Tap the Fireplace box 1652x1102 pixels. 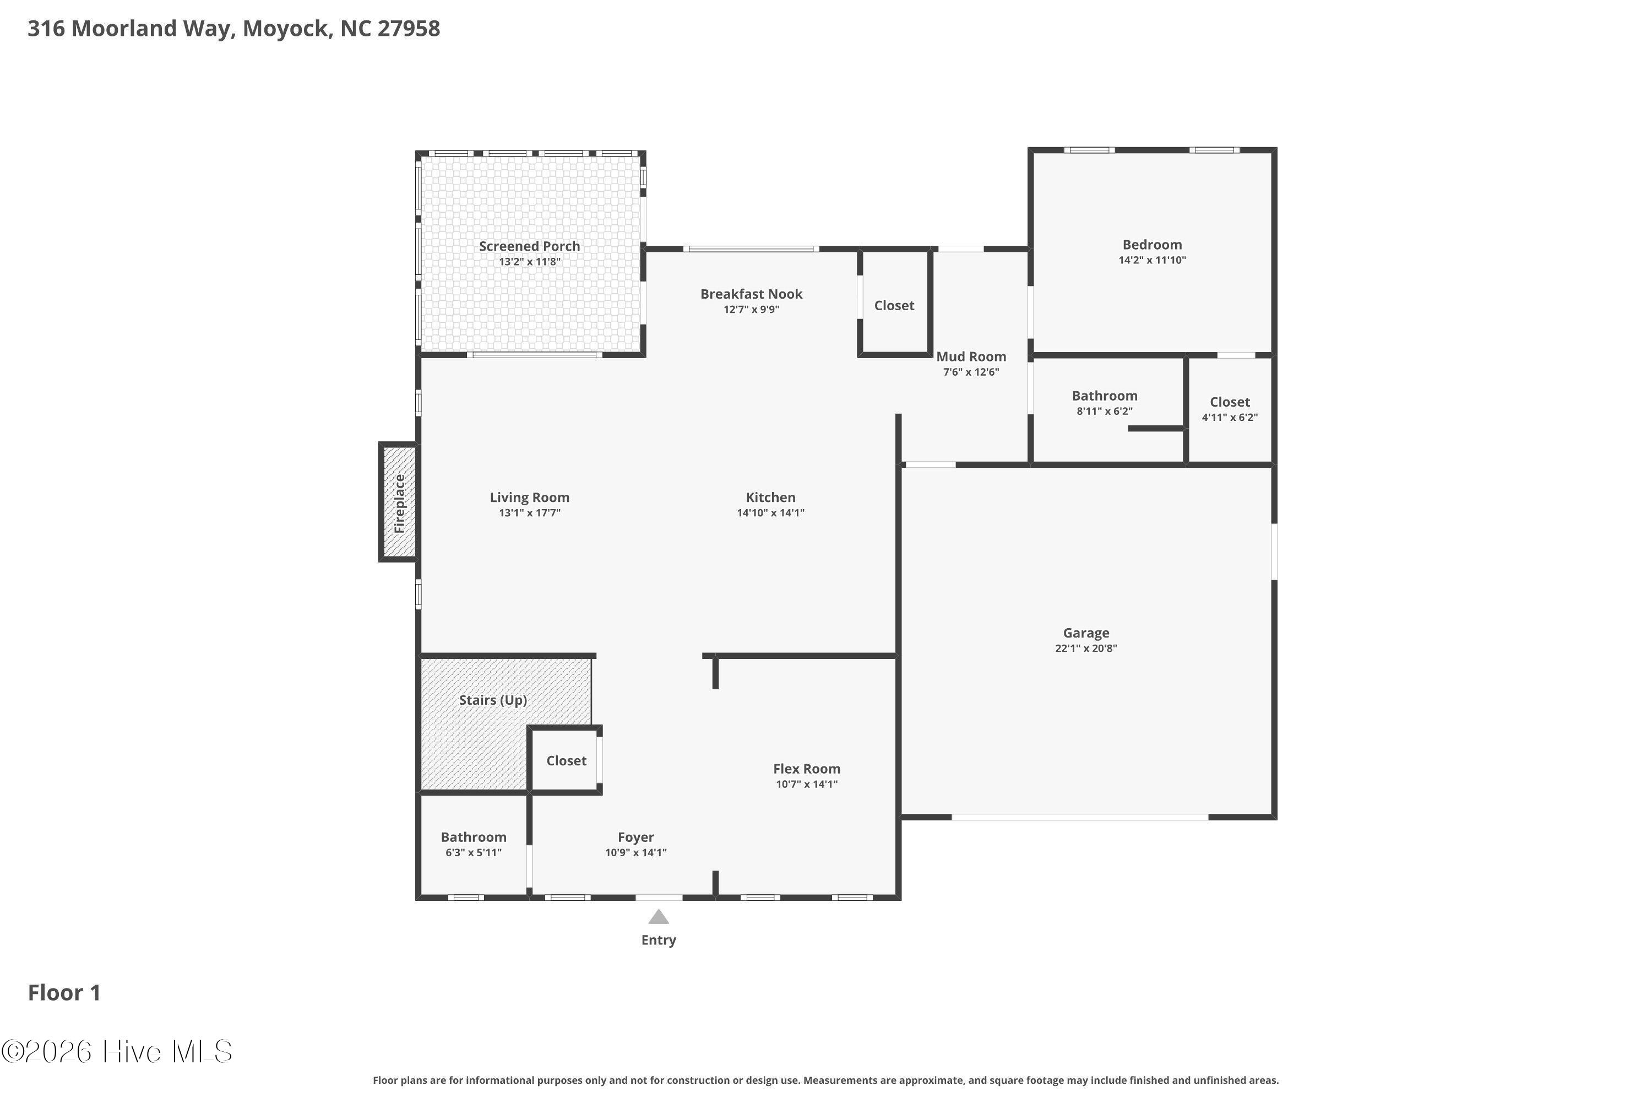coord(398,503)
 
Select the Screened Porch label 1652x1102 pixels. coord(530,246)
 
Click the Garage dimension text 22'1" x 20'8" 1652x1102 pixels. coord(1086,648)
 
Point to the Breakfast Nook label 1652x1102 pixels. coord(752,294)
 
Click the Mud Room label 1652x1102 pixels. coord(971,356)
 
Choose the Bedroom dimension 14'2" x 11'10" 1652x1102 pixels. coord(1153,260)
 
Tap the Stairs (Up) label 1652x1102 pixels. coord(493,700)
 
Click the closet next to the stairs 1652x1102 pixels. coord(566,760)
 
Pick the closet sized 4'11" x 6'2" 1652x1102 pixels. coord(1230,409)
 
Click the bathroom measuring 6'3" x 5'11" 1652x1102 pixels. coord(474,844)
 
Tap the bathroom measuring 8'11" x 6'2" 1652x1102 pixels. coord(1105,402)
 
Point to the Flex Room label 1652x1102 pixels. coord(807,769)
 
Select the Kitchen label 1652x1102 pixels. coord(770,498)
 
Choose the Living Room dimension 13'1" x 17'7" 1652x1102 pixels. coord(530,513)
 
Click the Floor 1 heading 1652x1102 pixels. coord(64,992)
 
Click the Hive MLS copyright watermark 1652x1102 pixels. coord(117,1052)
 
